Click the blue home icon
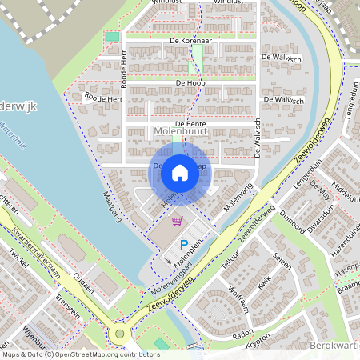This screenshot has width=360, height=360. tap(180, 172)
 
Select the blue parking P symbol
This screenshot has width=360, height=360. tap(183, 245)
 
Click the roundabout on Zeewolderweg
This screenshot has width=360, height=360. tap(120, 334)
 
